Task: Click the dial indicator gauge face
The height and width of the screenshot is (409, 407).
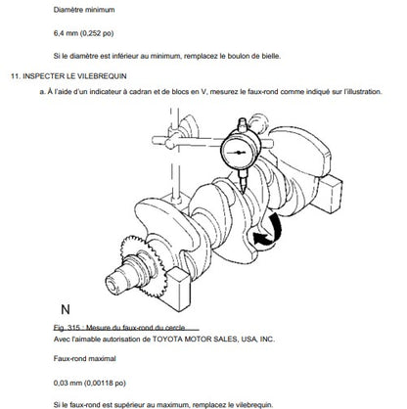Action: [241, 151]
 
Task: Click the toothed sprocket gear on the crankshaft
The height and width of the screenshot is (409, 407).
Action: [144, 265]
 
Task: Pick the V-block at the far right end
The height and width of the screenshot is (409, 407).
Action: [330, 193]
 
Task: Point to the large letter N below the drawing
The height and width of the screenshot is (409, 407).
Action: [66, 309]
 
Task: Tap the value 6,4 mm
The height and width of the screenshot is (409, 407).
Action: [66, 33]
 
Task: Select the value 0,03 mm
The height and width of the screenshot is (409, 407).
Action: [68, 383]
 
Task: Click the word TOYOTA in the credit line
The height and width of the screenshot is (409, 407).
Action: [167, 340]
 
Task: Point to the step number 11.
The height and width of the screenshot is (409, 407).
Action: [16, 76]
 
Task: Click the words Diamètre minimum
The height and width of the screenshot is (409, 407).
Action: [84, 10]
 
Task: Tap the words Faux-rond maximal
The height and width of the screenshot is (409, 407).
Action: [85, 359]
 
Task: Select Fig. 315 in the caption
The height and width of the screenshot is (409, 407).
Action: [67, 328]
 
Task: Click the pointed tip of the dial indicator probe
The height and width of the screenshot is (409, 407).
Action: [244, 192]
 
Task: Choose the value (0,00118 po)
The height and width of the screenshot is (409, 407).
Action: [105, 383]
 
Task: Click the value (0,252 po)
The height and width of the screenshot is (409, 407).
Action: [97, 33]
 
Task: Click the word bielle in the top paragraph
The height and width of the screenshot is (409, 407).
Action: [271, 56]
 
